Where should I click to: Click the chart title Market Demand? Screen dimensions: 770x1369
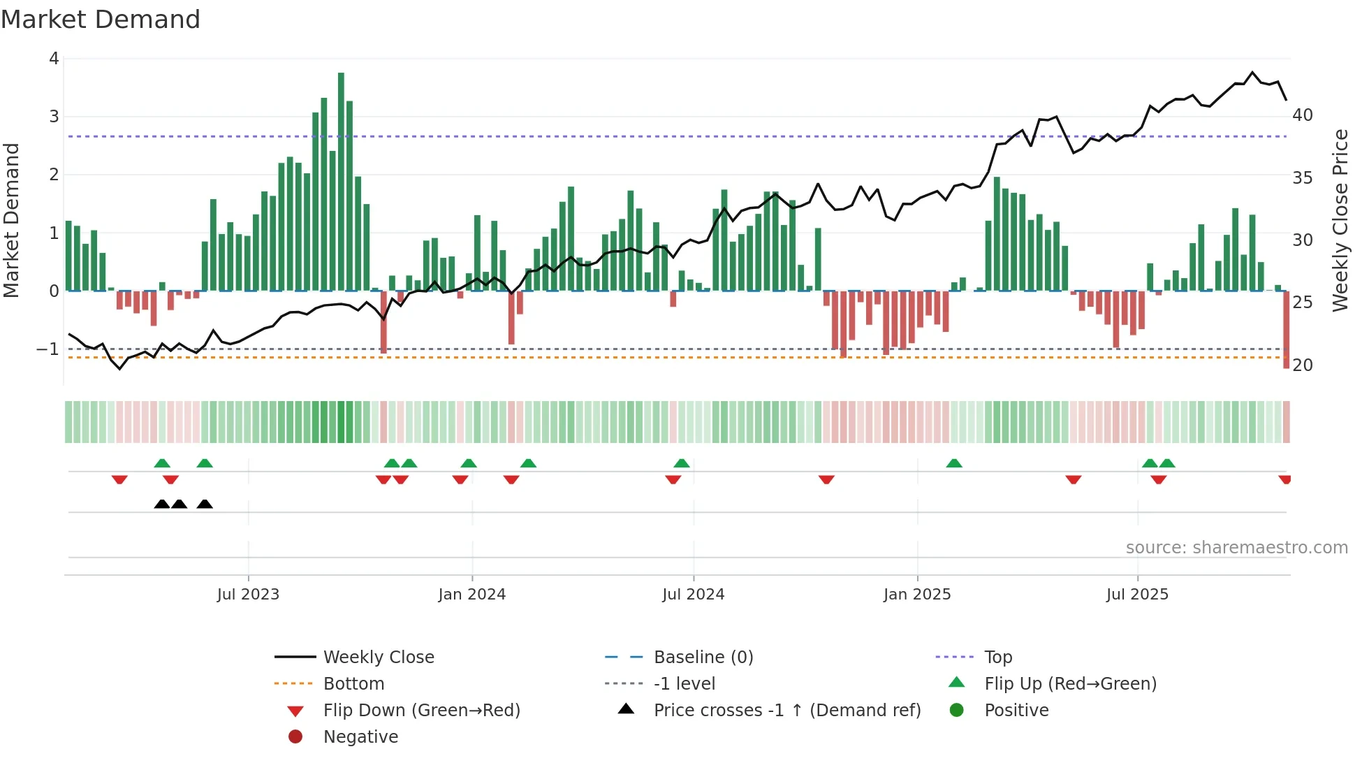101,20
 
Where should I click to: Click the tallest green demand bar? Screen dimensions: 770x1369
341,182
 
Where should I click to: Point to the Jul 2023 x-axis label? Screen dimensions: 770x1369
248,595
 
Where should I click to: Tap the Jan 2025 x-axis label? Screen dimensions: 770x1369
916,595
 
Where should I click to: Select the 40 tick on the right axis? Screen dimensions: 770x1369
1302,115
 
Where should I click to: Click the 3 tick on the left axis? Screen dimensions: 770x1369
54,117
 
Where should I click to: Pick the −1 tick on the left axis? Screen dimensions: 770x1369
47,349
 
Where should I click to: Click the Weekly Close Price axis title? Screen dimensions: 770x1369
1340,220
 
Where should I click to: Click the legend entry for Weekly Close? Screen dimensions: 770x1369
378,658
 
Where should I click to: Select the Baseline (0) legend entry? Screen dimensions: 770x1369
703,658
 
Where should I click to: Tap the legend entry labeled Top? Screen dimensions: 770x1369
997,658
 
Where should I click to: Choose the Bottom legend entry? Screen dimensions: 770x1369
353,684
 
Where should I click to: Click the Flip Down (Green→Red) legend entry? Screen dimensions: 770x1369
421,711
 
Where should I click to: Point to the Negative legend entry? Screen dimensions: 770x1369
360,737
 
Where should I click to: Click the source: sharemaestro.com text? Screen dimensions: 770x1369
1236,548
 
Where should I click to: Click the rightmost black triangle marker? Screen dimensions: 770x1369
205,504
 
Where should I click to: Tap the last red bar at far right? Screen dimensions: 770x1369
1286,330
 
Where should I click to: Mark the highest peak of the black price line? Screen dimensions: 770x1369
1252,73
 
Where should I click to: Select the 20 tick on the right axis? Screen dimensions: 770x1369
1302,365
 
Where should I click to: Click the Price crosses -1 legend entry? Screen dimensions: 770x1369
786,711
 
